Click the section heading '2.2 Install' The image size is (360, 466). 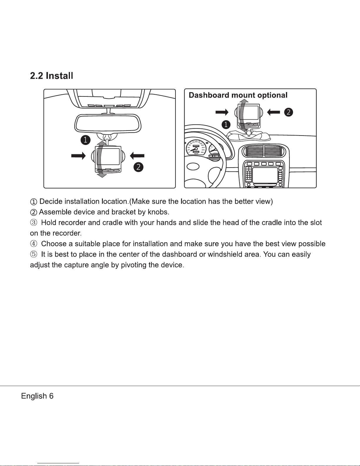click(x=51, y=76)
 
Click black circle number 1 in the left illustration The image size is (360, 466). click(x=86, y=140)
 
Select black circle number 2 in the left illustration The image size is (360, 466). click(x=138, y=167)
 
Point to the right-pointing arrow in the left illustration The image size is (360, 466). click(x=78, y=156)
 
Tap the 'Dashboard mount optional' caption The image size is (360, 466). click(x=238, y=95)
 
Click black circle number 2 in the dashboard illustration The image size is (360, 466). click(x=289, y=112)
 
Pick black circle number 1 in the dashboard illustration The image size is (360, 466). click(x=226, y=125)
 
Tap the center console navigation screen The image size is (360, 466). click(x=265, y=176)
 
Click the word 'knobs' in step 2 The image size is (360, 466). click(x=158, y=212)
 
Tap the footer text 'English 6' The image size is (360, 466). click(x=37, y=396)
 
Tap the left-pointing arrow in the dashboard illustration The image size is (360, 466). click(x=274, y=112)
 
